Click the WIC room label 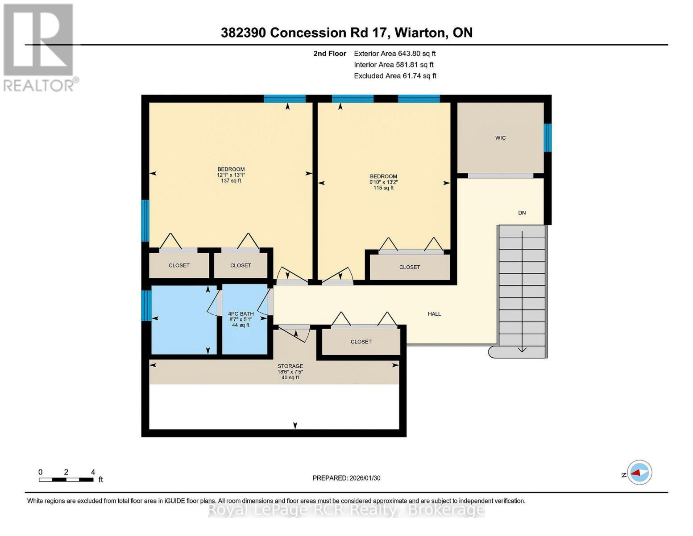[x=500, y=138]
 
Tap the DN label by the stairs [x=522, y=213]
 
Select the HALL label [x=434, y=314]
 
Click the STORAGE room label [x=290, y=366]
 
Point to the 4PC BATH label [x=241, y=314]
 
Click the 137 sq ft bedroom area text [x=231, y=181]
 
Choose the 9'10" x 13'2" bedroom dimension [x=383, y=182]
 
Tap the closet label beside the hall [x=361, y=342]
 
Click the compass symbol [x=639, y=472]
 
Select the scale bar [x=66, y=479]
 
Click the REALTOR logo [x=40, y=48]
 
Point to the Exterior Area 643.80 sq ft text [x=395, y=54]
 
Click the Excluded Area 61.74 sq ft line [x=395, y=76]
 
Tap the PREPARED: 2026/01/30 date [x=346, y=478]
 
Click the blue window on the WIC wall [x=548, y=138]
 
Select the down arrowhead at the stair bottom [x=522, y=350]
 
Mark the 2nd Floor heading [x=330, y=54]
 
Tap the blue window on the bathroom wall [x=146, y=305]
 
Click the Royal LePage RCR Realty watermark [x=346, y=510]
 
